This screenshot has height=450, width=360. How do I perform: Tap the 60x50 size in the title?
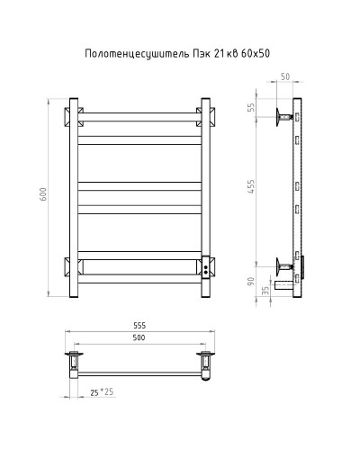pos(254,54)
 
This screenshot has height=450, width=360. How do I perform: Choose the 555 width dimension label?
pos(139,326)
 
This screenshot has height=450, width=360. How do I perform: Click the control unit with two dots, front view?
pos(206,267)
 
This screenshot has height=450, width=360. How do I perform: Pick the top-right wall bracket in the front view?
pos(206,115)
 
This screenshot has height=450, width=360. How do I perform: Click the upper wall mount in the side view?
pos(284,114)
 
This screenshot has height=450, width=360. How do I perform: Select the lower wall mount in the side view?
pos(284,265)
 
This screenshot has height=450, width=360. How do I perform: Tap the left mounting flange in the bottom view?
pos(72,362)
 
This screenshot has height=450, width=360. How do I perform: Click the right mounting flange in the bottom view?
pos(206,362)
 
